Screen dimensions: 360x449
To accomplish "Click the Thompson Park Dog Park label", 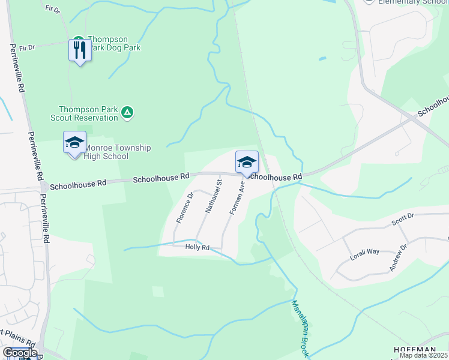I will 114,43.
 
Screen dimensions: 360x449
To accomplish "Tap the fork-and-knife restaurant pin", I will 80,49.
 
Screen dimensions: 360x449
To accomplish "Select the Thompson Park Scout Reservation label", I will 88,113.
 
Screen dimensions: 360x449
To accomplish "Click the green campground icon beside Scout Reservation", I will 127,112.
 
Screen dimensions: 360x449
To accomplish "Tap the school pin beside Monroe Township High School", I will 74,143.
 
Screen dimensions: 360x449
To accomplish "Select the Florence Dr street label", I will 185,208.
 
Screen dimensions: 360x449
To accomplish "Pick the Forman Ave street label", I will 237,199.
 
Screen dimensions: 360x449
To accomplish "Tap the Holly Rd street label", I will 197,247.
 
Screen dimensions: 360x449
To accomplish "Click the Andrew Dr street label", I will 398,257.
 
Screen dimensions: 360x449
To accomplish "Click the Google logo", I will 20,353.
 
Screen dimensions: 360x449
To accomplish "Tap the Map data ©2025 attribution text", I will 424,355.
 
